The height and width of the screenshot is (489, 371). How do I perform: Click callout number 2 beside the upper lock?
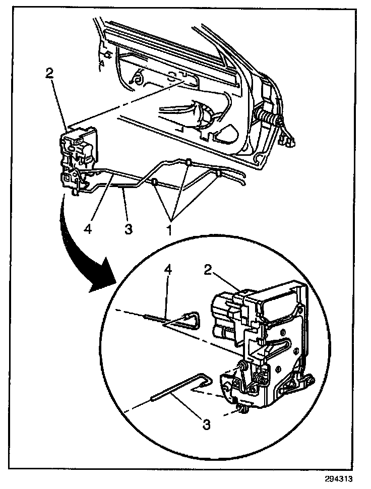point(49,73)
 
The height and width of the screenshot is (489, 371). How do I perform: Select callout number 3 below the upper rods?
point(128,229)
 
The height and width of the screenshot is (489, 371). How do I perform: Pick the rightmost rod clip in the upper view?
point(219,174)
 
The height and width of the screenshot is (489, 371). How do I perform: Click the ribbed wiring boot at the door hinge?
point(269,121)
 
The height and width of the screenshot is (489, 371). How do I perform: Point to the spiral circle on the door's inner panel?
point(136,78)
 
